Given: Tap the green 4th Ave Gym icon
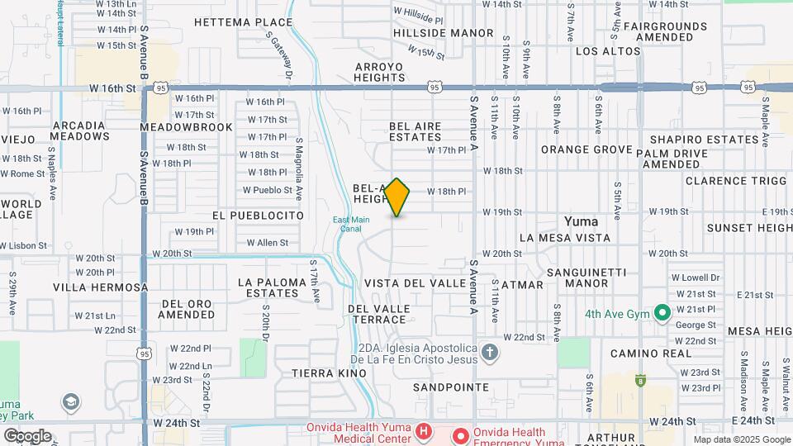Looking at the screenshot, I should coord(661,313).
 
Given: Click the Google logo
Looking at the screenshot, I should coord(27,435).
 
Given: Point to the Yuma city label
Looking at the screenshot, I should coord(581,221).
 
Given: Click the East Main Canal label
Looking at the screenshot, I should coord(351,223).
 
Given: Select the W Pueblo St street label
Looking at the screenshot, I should coord(267,189).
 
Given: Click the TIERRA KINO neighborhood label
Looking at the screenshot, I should coord(329,373).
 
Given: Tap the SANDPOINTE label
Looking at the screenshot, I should coord(451,387).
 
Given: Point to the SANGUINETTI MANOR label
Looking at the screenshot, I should coord(591,278).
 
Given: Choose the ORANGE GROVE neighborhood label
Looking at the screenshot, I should coord(586,149).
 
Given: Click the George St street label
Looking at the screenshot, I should coord(696,325).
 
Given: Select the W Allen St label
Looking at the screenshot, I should coord(268,243).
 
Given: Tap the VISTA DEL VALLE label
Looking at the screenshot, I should coord(415,282).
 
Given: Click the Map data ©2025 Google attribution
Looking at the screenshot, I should coord(741,439).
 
